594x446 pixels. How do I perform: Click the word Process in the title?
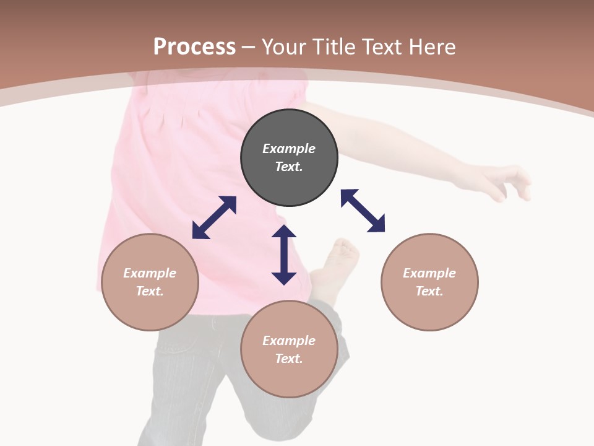pyautogui.click(x=194, y=47)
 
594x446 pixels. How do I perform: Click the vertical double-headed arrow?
pyautogui.click(x=284, y=255)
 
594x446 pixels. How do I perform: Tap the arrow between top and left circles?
pyautogui.click(x=214, y=217)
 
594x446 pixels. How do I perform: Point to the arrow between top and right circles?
pyautogui.click(x=363, y=211)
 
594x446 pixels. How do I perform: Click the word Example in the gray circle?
pyautogui.click(x=289, y=149)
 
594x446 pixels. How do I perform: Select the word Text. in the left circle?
pyautogui.click(x=150, y=291)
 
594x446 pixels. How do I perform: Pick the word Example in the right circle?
pyautogui.click(x=429, y=273)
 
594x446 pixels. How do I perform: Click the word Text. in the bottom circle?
pyautogui.click(x=289, y=359)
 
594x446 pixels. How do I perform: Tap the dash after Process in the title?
pyautogui.click(x=248, y=47)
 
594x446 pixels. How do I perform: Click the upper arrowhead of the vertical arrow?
pyautogui.click(x=284, y=232)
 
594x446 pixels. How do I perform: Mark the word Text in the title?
pyautogui.click(x=381, y=47)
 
